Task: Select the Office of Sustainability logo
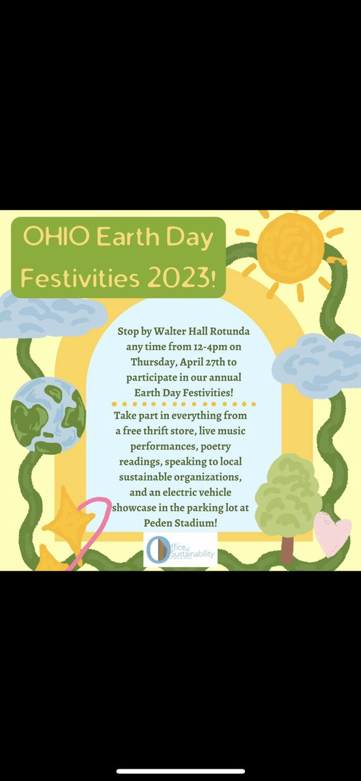click(180, 551)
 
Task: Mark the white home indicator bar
click(180, 771)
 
